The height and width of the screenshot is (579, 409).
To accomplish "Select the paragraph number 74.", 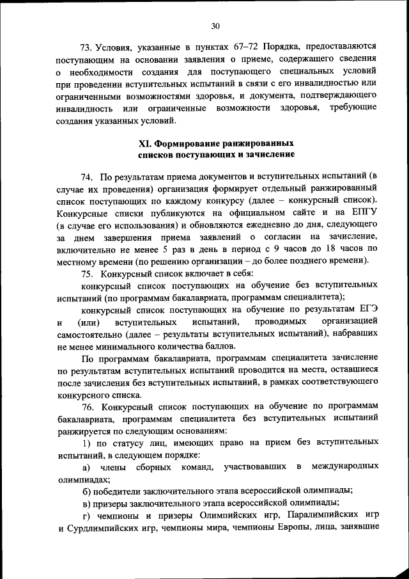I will tap(88, 176).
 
